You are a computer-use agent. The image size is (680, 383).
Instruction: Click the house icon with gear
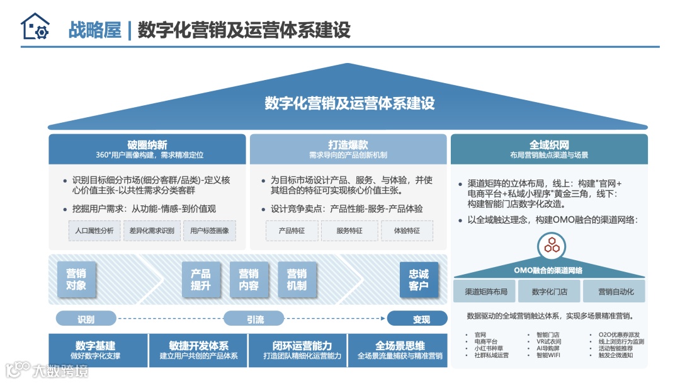click(x=35, y=27)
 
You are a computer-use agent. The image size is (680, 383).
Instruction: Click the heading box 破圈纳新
click(x=147, y=149)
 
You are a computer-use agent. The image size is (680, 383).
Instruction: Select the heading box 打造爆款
click(x=348, y=149)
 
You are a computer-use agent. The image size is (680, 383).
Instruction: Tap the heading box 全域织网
click(x=549, y=149)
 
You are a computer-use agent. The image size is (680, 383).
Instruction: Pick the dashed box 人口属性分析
click(x=94, y=231)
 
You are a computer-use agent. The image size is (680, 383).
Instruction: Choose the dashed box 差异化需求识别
click(x=151, y=231)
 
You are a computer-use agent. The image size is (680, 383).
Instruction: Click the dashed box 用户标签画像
click(x=210, y=231)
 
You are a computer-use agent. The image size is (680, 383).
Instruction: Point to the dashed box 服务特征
click(x=349, y=231)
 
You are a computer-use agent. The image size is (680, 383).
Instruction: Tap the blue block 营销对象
click(x=76, y=280)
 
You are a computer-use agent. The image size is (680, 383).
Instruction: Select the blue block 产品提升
click(x=201, y=280)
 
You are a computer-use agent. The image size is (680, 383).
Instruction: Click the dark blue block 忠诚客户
click(x=419, y=280)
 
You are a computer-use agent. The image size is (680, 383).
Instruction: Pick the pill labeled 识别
click(x=86, y=319)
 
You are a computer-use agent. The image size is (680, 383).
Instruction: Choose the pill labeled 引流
click(x=255, y=319)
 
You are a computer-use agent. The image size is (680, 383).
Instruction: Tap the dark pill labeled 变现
click(x=421, y=319)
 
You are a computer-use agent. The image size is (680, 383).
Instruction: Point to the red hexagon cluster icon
click(x=552, y=244)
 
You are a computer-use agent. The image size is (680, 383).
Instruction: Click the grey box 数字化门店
click(x=549, y=292)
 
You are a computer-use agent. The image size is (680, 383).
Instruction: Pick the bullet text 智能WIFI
click(x=549, y=355)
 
